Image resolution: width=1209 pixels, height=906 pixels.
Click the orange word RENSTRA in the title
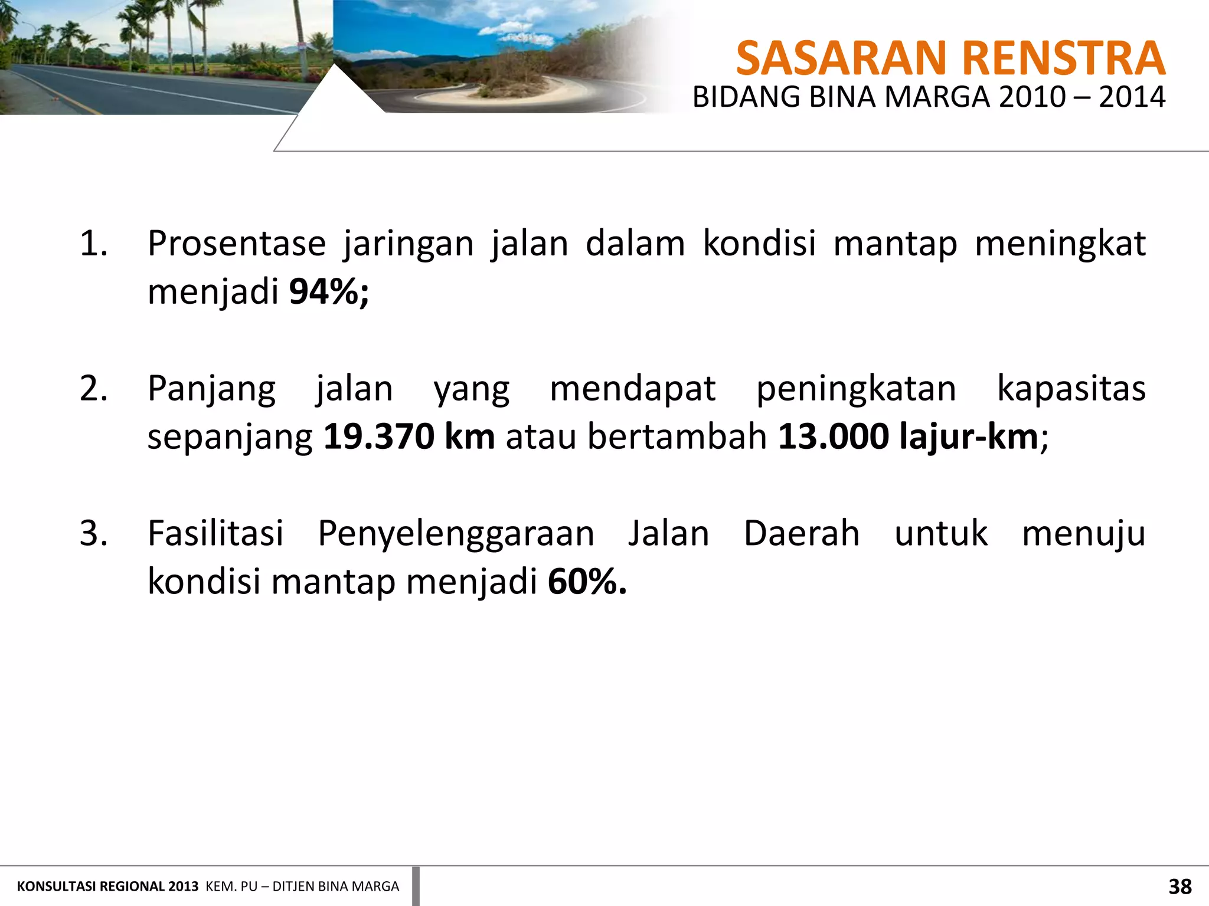(x=1063, y=58)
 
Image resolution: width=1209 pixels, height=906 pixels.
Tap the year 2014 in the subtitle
(x=1132, y=97)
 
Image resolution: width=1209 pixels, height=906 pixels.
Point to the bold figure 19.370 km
(x=409, y=437)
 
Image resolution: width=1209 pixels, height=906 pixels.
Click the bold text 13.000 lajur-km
(x=908, y=437)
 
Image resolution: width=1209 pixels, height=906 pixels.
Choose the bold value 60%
(x=587, y=582)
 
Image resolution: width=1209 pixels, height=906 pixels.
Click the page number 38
(x=1180, y=887)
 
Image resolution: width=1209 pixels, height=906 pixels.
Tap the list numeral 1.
(x=93, y=244)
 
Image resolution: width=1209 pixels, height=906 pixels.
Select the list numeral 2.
(x=93, y=389)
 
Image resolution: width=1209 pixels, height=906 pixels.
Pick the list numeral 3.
(x=93, y=534)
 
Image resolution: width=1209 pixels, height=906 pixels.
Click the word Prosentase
(x=237, y=244)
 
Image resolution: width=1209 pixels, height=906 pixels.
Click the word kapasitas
(x=1071, y=389)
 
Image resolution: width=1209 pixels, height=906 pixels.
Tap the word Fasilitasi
(x=215, y=534)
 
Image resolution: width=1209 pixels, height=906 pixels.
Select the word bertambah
(x=677, y=437)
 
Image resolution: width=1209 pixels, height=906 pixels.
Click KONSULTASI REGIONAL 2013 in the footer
(x=107, y=887)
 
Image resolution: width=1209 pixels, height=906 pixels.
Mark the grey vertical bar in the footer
(x=416, y=886)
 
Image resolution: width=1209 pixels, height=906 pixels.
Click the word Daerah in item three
(x=801, y=534)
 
